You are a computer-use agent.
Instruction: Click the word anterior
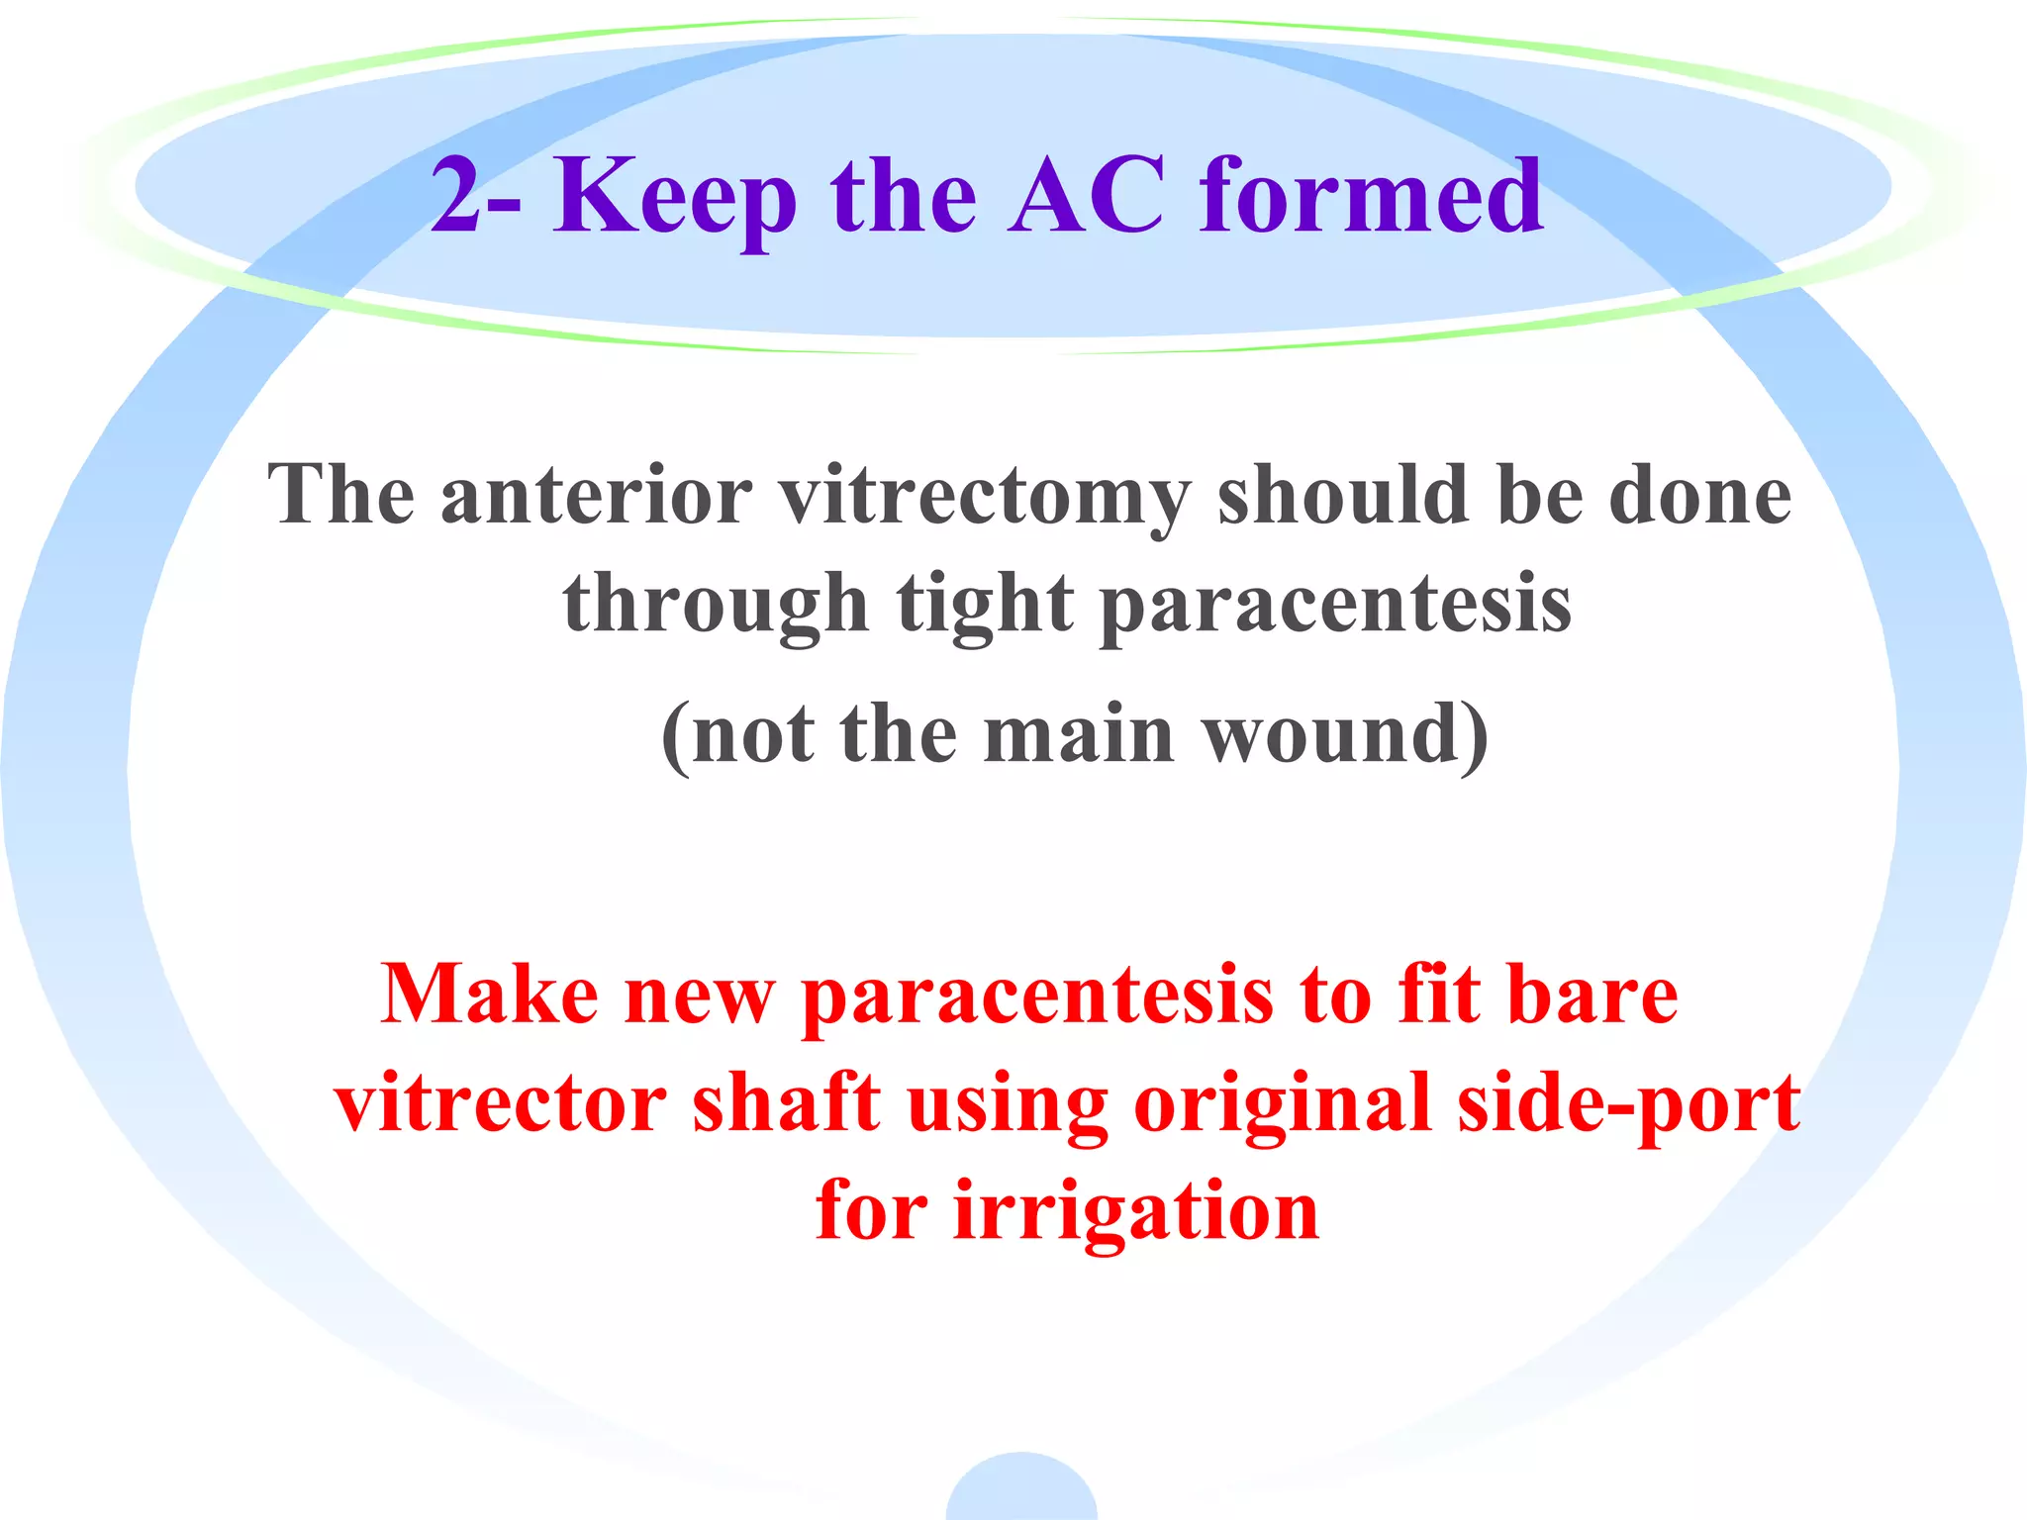[596, 495]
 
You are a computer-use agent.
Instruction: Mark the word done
[1699, 494]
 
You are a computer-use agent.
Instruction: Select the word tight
[985, 605]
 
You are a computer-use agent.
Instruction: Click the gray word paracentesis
[1335, 605]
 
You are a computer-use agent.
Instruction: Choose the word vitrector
[500, 1102]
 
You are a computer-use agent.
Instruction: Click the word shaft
[786, 1102]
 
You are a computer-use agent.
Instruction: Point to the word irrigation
[1135, 1211]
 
